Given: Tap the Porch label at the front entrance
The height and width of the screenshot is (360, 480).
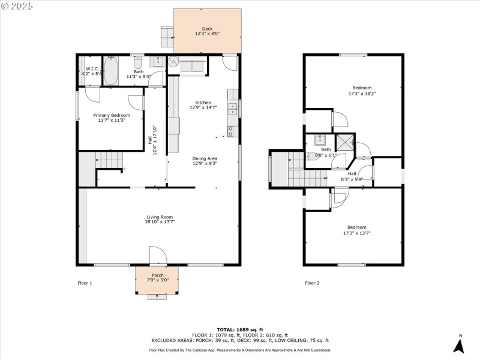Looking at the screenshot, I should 157,277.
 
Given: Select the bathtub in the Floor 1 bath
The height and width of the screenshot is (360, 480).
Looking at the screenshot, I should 112,71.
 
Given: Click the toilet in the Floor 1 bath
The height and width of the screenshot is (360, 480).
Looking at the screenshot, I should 137,62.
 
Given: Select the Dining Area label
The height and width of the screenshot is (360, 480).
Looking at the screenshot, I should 205,160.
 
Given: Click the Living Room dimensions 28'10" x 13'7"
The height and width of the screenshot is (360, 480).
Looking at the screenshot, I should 160,222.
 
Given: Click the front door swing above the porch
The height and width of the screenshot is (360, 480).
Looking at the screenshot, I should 157,256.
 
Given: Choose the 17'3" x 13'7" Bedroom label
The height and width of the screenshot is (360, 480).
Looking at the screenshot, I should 356,230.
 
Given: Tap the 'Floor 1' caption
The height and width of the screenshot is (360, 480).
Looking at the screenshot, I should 85,283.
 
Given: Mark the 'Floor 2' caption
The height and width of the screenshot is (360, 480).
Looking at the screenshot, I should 312,283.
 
